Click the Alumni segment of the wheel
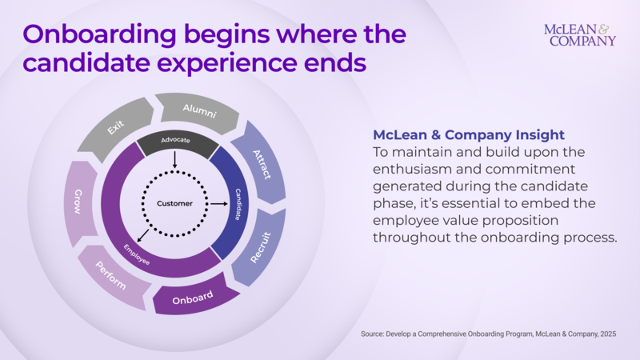199,110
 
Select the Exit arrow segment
118,128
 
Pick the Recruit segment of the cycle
261,246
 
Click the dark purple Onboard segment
194,298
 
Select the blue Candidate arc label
238,204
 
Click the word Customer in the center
174,204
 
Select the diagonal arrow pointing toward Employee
142,234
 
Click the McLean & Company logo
579,34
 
